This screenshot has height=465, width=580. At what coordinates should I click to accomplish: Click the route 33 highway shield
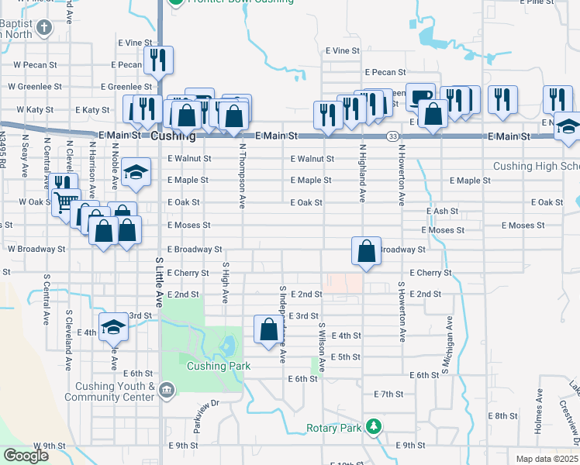pos(394,136)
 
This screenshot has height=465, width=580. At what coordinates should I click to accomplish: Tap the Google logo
pos(26,456)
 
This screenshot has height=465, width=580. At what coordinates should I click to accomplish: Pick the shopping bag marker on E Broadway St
pos(366,251)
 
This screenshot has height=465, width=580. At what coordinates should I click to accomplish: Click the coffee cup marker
pos(420,96)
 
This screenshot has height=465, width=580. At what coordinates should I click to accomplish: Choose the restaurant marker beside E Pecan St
pos(158,60)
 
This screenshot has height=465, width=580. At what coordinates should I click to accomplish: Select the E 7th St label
pos(388,394)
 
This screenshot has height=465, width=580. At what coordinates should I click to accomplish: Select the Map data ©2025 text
pos(547,459)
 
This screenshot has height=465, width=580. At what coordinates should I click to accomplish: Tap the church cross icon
pos(44,29)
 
